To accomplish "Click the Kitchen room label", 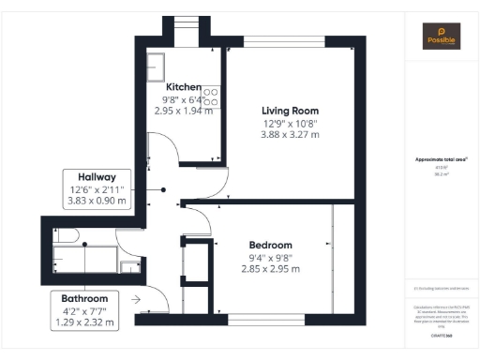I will click(185, 86).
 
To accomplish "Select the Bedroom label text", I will click(269, 245).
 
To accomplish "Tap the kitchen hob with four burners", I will click(212, 97).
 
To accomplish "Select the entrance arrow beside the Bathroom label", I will click(138, 300).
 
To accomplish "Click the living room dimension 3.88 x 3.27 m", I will click(290, 134).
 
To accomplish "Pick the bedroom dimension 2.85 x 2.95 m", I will click(269, 269).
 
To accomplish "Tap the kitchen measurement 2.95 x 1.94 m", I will click(185, 110).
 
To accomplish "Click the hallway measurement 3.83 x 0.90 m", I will click(97, 201).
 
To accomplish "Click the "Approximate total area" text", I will click(441, 160).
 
